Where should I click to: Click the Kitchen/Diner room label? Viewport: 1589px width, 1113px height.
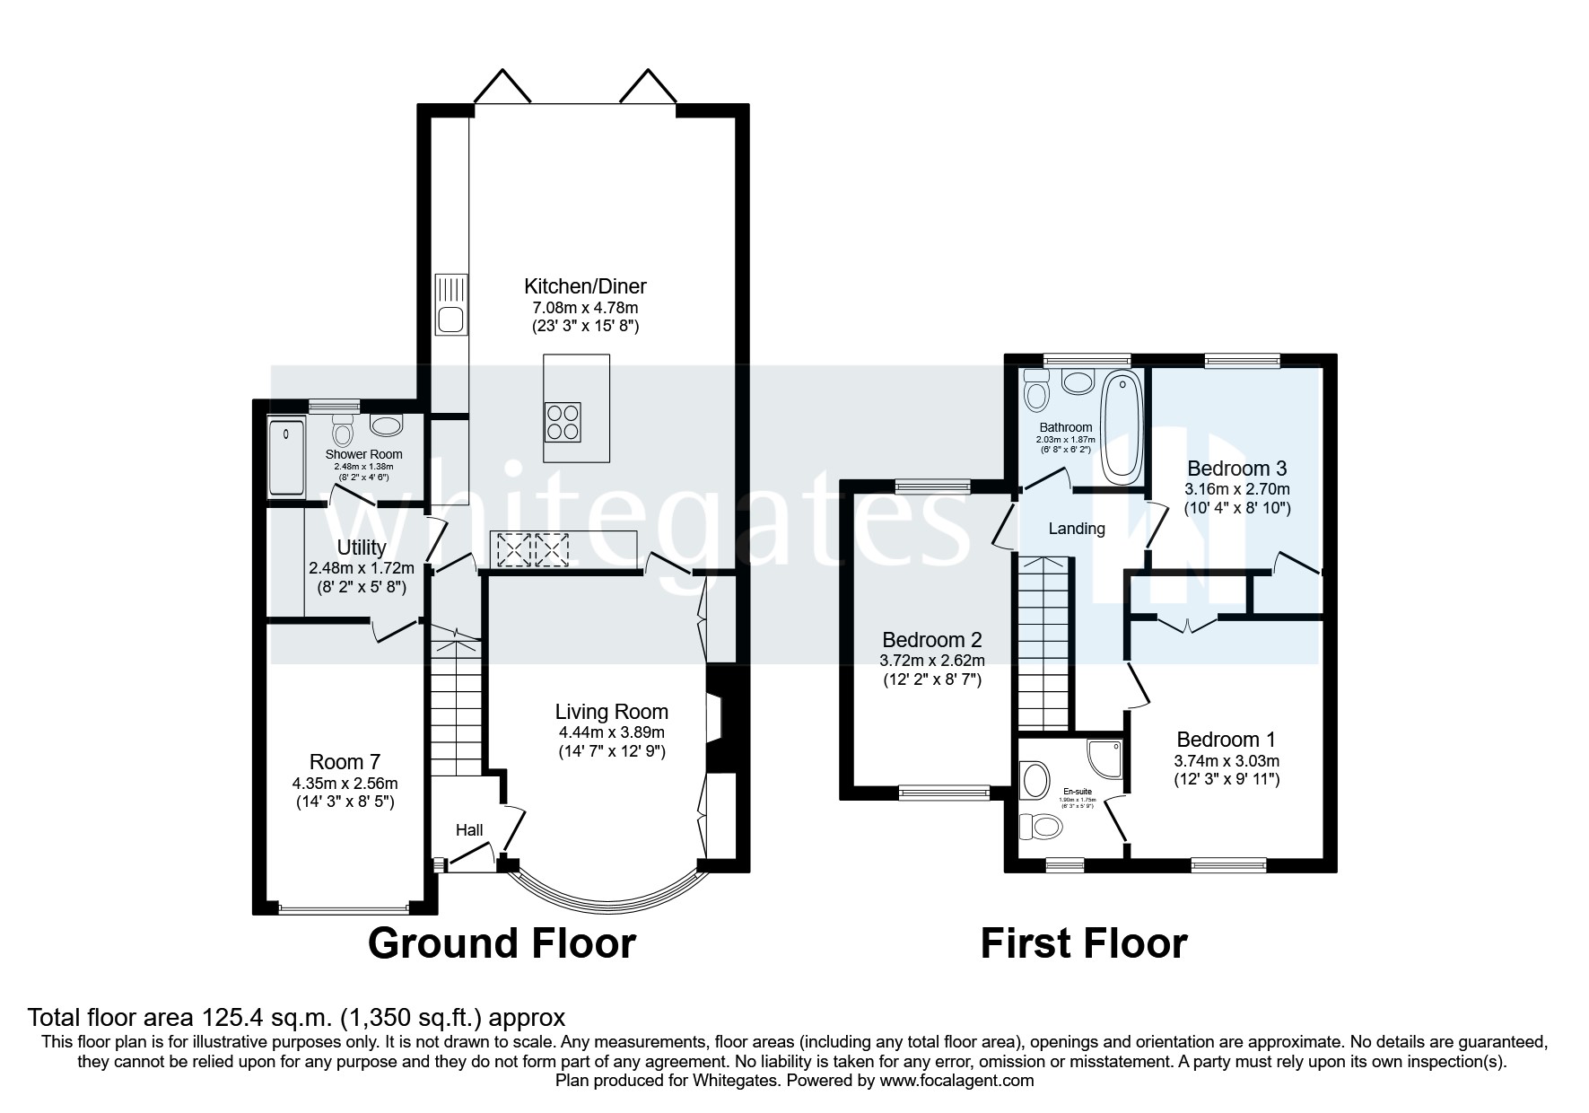585,286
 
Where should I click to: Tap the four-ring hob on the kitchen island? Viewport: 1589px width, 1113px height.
563,422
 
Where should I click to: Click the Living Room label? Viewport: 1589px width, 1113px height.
611,712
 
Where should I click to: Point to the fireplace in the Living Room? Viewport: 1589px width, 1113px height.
715,718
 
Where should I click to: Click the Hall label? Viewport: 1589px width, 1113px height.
469,830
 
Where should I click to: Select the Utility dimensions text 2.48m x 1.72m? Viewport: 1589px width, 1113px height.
361,568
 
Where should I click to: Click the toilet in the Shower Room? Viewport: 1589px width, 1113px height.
342,433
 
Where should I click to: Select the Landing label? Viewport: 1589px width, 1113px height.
1077,529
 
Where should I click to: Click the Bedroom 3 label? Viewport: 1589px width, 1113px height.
1236,468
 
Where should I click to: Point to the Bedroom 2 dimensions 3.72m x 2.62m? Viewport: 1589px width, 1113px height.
933,661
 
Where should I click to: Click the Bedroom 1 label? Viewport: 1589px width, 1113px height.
1226,740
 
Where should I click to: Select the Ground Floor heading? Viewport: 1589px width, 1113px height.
502,943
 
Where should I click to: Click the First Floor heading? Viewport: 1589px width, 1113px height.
1083,943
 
